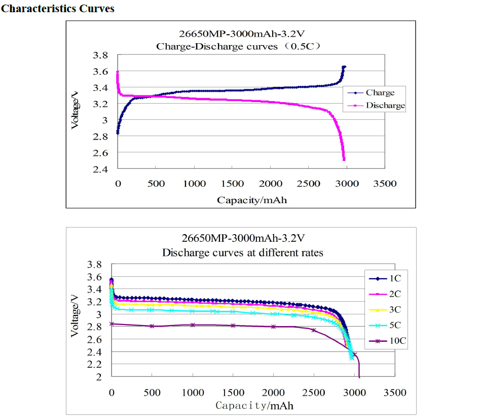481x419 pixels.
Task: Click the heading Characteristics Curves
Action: [x=58, y=9]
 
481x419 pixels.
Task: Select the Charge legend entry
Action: [x=380, y=92]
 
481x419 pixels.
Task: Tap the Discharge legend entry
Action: [x=385, y=106]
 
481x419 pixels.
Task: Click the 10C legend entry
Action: [x=397, y=341]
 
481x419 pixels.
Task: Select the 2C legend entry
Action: [x=396, y=294]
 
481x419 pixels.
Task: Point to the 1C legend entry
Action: [x=396, y=278]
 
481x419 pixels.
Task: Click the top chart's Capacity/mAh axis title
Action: [x=252, y=200]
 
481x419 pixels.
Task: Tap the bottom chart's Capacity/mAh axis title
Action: [x=254, y=405]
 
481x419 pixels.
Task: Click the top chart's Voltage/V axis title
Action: [x=75, y=109]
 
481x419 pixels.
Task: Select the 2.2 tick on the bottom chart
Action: [x=96, y=364]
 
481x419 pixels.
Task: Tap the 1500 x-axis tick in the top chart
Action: [x=233, y=183]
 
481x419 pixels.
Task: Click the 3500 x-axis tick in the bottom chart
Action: [x=395, y=393]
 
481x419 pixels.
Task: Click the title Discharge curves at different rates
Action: [x=242, y=252]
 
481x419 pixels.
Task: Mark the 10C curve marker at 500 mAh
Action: [x=152, y=326]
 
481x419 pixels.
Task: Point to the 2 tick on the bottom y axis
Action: [x=100, y=377]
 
